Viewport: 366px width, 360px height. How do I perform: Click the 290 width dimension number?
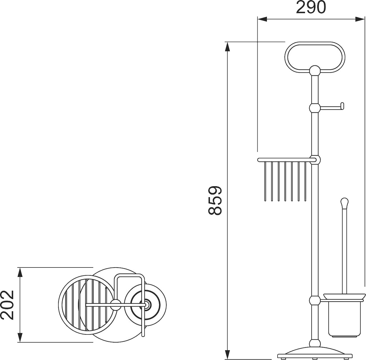tap(311, 8)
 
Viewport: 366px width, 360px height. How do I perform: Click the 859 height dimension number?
tap(215, 200)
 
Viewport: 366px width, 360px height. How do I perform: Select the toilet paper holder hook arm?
tap(332, 108)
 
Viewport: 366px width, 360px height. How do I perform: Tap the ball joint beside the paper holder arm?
tap(315, 108)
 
